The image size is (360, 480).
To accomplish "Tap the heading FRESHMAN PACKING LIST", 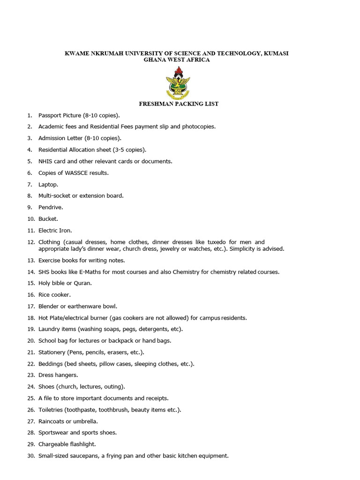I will pos(179,104).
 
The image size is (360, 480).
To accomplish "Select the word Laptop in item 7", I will pos(48,184).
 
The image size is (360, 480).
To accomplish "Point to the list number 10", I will pos(31,219).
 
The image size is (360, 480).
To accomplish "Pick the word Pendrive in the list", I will pos(50,207).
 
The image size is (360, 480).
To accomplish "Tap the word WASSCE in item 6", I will pos(77,173).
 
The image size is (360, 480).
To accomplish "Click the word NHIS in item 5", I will pos(45,161).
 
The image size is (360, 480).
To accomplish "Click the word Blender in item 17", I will pos(49,306).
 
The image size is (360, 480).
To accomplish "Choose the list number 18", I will pos(31,318).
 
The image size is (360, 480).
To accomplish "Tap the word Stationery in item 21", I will pos(52,352).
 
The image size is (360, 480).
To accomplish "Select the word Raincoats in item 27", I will pos(52,421).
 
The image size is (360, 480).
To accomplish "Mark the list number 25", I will pos(31,398).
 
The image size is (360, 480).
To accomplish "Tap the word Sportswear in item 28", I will pos(53,433).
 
